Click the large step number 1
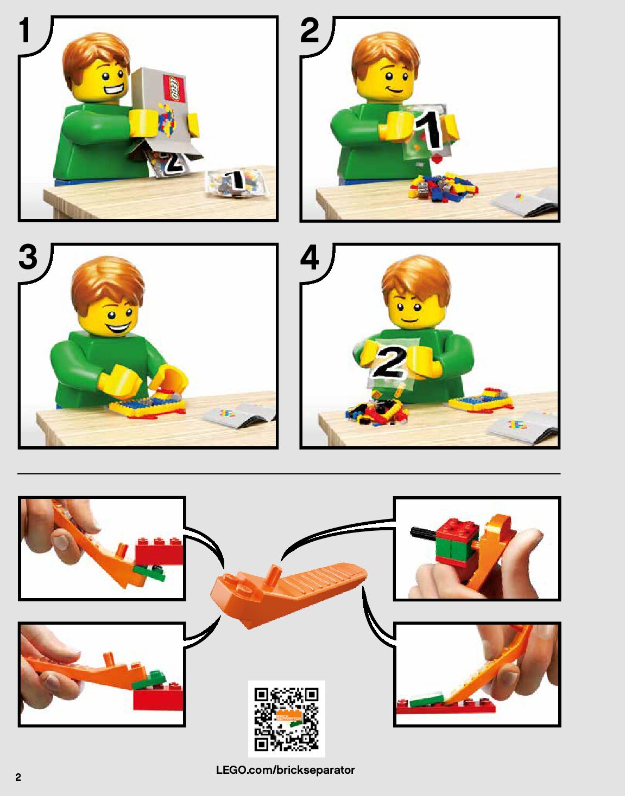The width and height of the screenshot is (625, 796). click(24, 30)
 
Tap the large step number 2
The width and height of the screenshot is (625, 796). click(310, 30)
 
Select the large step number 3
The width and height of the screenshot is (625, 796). click(28, 257)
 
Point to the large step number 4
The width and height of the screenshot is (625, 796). click(310, 257)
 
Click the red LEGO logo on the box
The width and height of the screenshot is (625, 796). click(174, 88)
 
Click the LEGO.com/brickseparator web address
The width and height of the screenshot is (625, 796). click(286, 769)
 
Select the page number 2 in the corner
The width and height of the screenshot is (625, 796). click(18, 778)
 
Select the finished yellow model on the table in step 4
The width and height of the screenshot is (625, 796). click(481, 399)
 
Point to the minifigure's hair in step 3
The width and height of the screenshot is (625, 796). click(107, 282)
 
